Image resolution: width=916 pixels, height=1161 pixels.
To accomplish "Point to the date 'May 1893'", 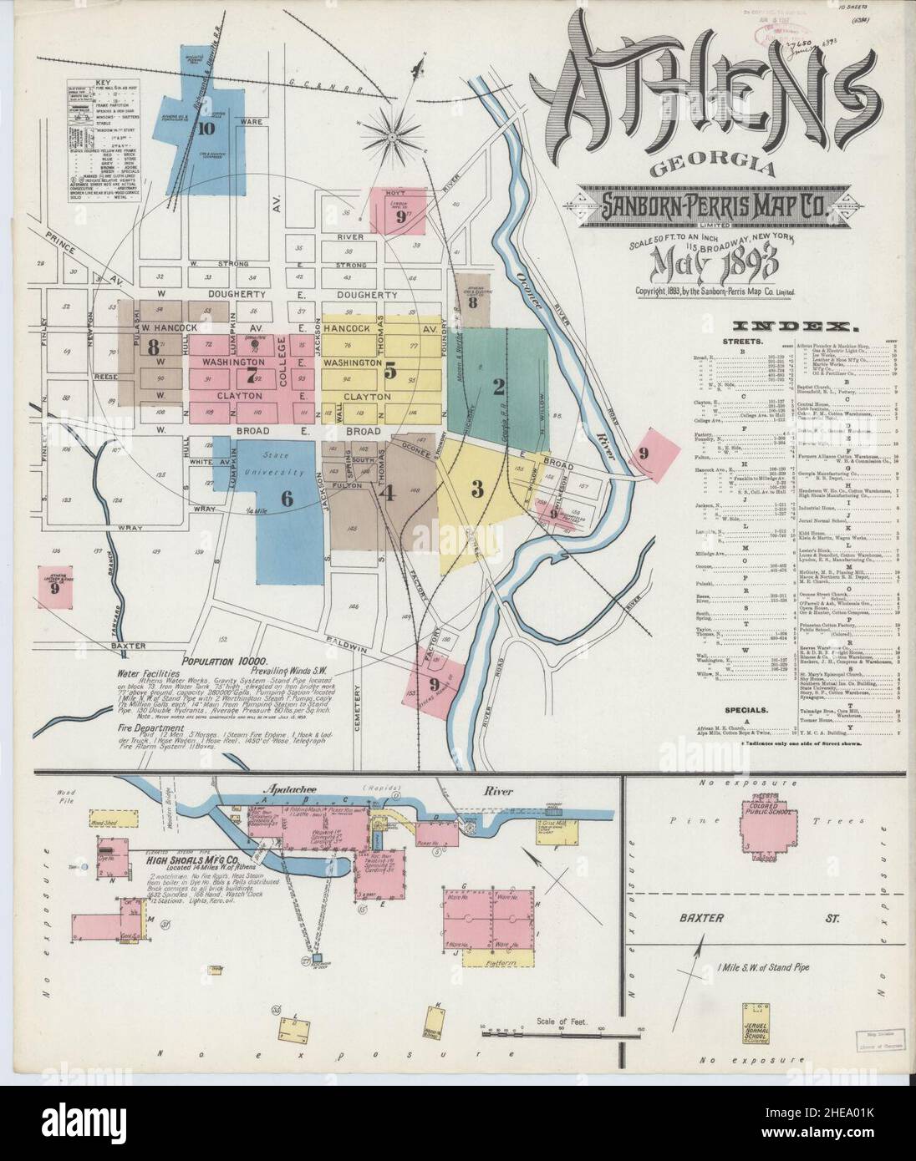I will (718, 267).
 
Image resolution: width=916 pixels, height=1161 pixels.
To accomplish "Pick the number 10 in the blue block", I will (206, 129).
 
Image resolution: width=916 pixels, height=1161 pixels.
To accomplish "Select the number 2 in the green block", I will (499, 386).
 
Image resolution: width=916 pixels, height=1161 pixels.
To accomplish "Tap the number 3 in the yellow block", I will (477, 489).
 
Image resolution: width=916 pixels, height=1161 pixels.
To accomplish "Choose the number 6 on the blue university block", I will (263, 499).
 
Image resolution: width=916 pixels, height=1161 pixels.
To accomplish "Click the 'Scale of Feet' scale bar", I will (552, 1031).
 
